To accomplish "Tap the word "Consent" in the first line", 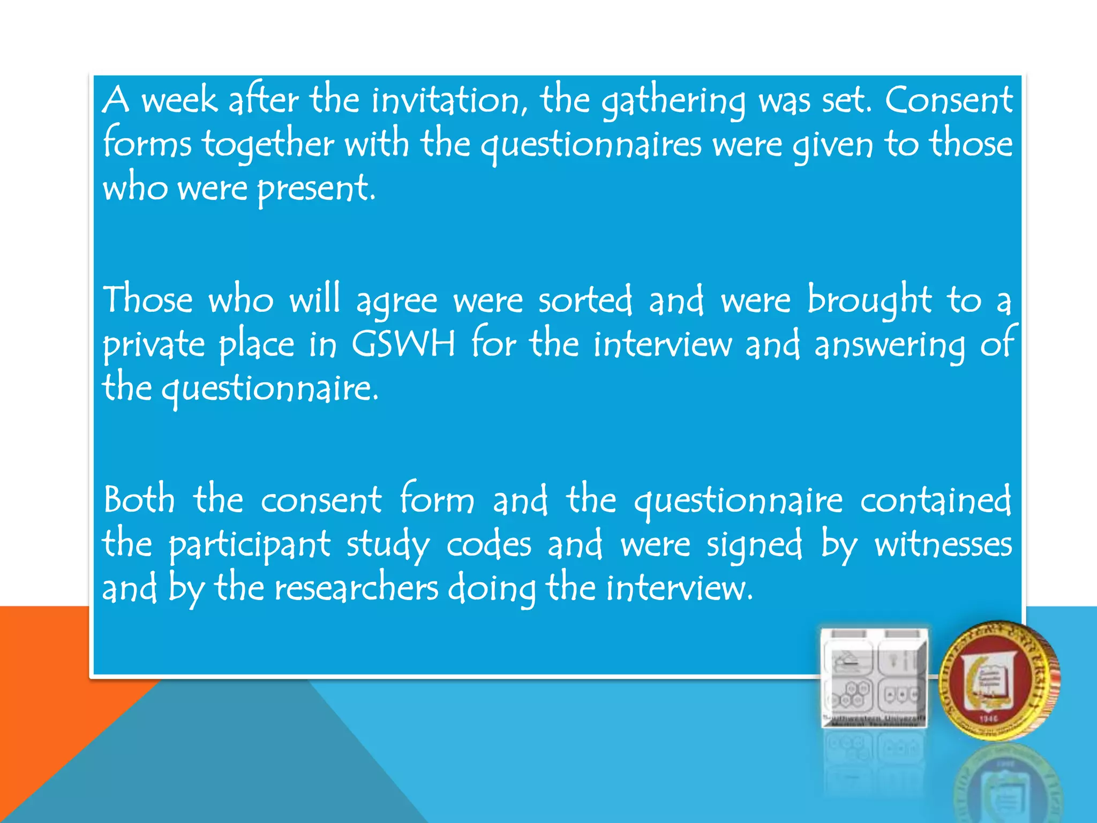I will pyautogui.click(x=948, y=101).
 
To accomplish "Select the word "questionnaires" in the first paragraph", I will pyautogui.click(x=590, y=145).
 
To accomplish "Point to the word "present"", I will pyautogui.click(x=315, y=189).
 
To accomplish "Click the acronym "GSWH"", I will pyautogui.click(x=403, y=343).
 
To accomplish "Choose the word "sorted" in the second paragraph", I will pyautogui.click(x=585, y=300).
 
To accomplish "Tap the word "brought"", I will pyautogui.click(x=869, y=300).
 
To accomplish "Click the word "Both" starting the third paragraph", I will pyautogui.click(x=139, y=500).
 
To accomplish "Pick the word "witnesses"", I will pyautogui.click(x=943, y=544).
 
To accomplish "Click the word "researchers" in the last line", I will pyautogui.click(x=356, y=588).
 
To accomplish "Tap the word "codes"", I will pyautogui.click(x=489, y=544).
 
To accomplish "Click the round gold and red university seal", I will pyautogui.click(x=999, y=680).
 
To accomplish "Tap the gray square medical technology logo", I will pyautogui.click(x=874, y=678).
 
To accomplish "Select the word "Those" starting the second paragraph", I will pyautogui.click(x=148, y=300).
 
